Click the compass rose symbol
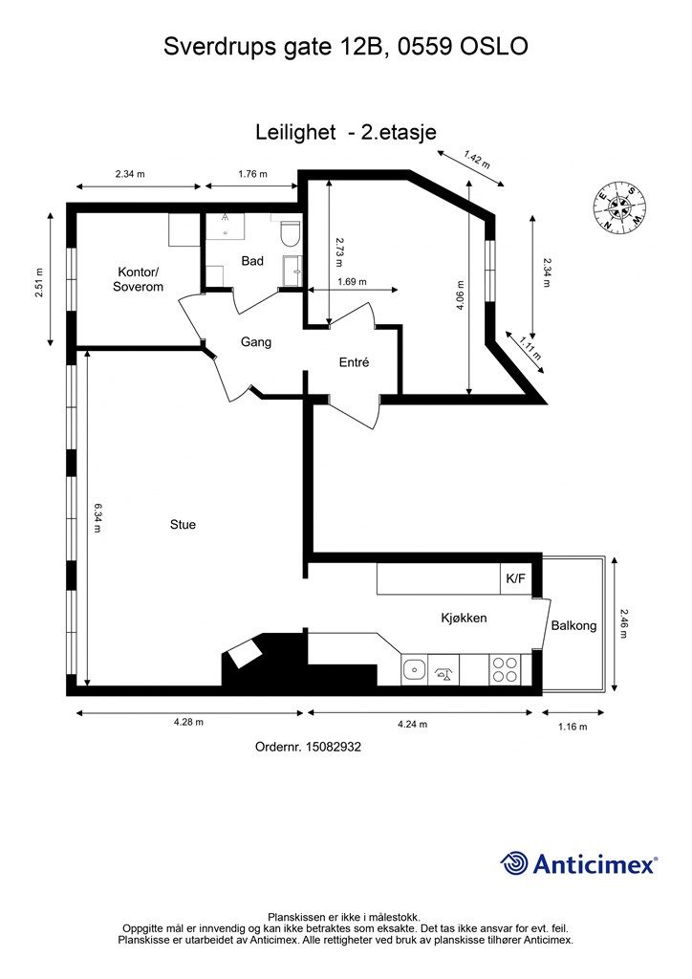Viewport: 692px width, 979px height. pyautogui.click(x=619, y=207)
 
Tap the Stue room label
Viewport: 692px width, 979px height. pyautogui.click(x=183, y=525)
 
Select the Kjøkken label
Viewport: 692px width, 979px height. pyautogui.click(x=464, y=619)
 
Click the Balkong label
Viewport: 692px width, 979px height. pyautogui.click(x=573, y=625)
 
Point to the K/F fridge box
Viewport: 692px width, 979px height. pyautogui.click(x=516, y=578)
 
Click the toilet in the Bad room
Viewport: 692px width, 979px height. pyautogui.click(x=291, y=233)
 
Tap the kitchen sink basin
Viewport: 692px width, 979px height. pyautogui.click(x=413, y=670)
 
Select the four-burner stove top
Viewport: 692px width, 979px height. pyautogui.click(x=504, y=670)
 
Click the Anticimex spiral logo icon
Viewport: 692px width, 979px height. pyautogui.click(x=513, y=863)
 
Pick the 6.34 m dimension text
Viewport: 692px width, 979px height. pyautogui.click(x=97, y=517)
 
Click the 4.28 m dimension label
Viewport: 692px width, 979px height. pyautogui.click(x=188, y=723)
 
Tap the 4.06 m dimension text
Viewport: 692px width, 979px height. pyautogui.click(x=461, y=295)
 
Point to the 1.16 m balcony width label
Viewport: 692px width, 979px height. pyautogui.click(x=573, y=727)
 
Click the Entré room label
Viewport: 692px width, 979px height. pyautogui.click(x=354, y=362)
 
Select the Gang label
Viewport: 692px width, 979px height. pyautogui.click(x=256, y=342)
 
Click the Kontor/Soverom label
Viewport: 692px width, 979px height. pyautogui.click(x=138, y=280)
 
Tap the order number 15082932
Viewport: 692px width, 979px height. pyautogui.click(x=333, y=747)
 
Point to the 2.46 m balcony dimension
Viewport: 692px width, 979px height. pyautogui.click(x=624, y=623)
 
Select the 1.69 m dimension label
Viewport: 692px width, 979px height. pyautogui.click(x=352, y=282)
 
